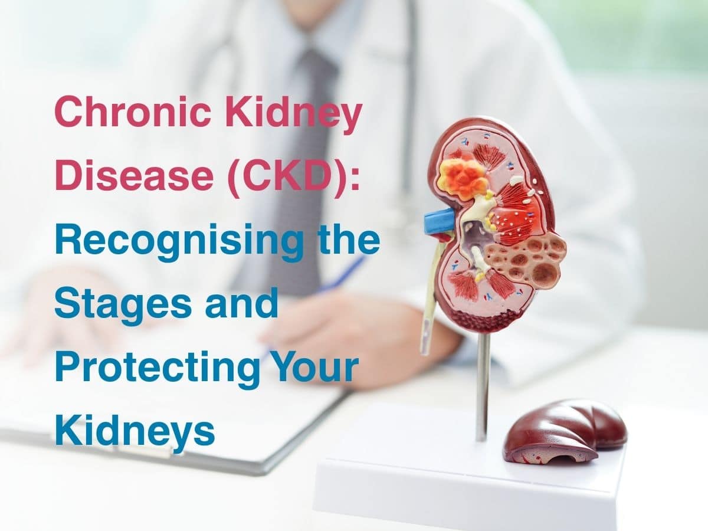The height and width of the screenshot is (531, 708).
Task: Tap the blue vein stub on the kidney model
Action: pyautogui.click(x=438, y=220)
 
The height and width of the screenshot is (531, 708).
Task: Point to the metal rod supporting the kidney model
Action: pyautogui.click(x=483, y=383)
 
